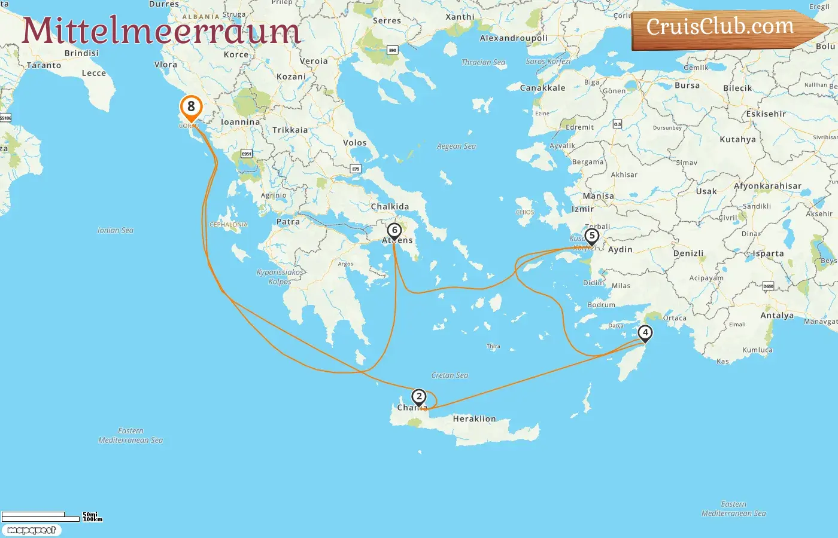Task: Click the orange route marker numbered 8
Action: (x=191, y=108)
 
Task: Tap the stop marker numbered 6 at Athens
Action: (x=394, y=231)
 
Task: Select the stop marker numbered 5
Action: (x=591, y=236)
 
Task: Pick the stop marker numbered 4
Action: (x=645, y=333)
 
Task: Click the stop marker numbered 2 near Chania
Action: (x=419, y=397)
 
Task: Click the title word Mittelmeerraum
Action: (x=160, y=31)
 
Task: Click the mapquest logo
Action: (x=31, y=530)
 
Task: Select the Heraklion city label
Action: (x=474, y=419)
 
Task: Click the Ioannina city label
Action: (x=241, y=122)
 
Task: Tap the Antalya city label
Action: (x=776, y=316)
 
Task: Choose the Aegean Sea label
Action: (x=456, y=146)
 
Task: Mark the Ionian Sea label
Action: (x=116, y=230)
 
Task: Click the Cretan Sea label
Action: (x=450, y=375)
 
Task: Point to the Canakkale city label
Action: (x=542, y=88)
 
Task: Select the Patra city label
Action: (x=288, y=222)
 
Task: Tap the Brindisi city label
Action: (x=81, y=53)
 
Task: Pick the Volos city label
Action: (x=354, y=143)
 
